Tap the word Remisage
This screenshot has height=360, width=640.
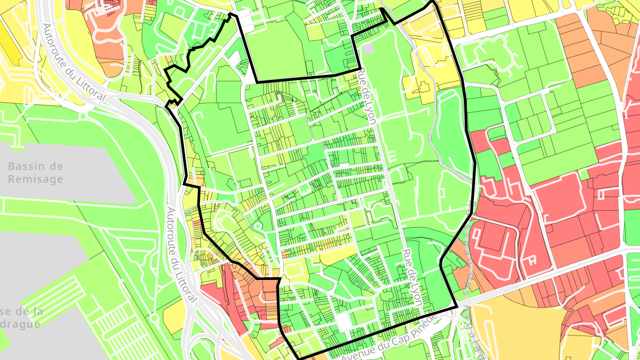pyautogui.click(x=36, y=179)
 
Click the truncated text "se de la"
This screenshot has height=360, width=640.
pyautogui.click(x=22, y=311)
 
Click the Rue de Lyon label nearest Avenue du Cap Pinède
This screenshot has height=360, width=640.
pyautogui.click(x=412, y=277)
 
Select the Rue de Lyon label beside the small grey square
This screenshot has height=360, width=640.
pyautogui.click(x=368, y=96)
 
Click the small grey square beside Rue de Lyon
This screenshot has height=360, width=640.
pyautogui.click(x=369, y=49)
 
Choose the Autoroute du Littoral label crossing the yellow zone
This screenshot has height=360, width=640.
pyautogui.click(x=74, y=62)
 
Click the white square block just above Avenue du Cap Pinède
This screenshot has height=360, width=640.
pyautogui.click(x=344, y=321)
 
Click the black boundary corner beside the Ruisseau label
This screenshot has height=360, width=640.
pyautogui.click(x=457, y=307)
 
